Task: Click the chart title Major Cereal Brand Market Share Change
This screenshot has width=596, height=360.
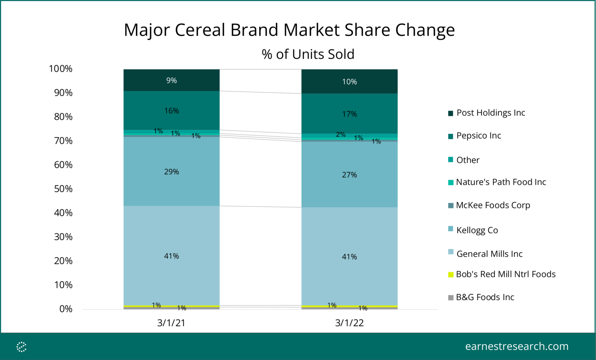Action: pyautogui.click(x=289, y=30)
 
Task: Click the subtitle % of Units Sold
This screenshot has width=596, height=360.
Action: pyautogui.click(x=308, y=54)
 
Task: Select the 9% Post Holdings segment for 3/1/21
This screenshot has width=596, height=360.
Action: pyautogui.click(x=172, y=80)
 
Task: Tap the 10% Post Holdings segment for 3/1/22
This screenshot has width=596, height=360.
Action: pyautogui.click(x=349, y=82)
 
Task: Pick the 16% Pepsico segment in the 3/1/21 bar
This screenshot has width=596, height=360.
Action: pyautogui.click(x=172, y=111)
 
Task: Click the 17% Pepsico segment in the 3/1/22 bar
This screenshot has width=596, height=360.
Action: pyautogui.click(x=349, y=114)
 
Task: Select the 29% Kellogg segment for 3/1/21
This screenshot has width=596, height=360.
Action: pyautogui.click(x=172, y=171)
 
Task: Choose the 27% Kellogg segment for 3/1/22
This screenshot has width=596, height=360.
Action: pyautogui.click(x=349, y=175)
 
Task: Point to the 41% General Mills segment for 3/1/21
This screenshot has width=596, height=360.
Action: pyautogui.click(x=172, y=256)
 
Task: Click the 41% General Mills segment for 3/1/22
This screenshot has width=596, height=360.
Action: pyautogui.click(x=349, y=257)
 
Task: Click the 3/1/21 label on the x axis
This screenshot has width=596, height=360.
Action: pyautogui.click(x=171, y=323)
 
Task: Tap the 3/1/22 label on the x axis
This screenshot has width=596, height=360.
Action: pyautogui.click(x=349, y=323)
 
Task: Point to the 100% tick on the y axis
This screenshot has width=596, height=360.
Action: pyautogui.click(x=61, y=69)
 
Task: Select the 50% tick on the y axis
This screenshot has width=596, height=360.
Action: pyautogui.click(x=63, y=189)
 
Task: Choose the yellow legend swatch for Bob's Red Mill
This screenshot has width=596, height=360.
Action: pyautogui.click(x=450, y=275)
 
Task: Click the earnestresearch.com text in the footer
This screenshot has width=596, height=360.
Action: pyautogui.click(x=516, y=346)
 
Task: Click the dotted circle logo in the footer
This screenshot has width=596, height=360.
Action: pyautogui.click(x=22, y=347)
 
